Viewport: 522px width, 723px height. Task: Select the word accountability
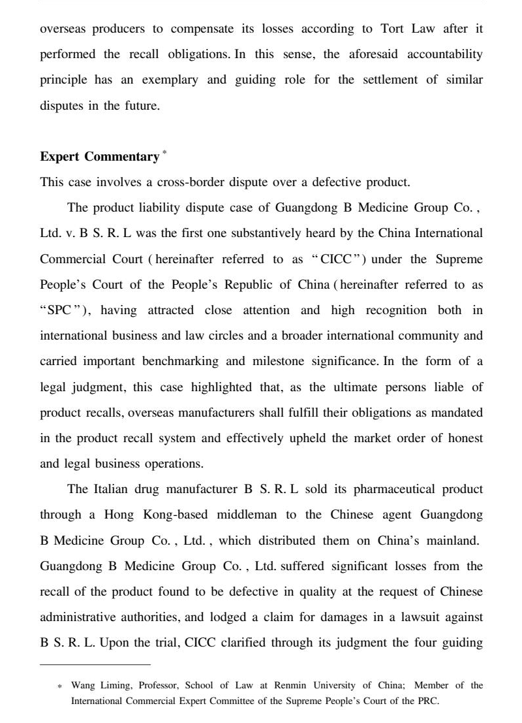click(445, 54)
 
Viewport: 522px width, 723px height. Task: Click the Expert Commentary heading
click(99, 157)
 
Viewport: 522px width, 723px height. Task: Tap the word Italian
click(112, 489)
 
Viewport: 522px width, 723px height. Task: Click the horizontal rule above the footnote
click(95, 665)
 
